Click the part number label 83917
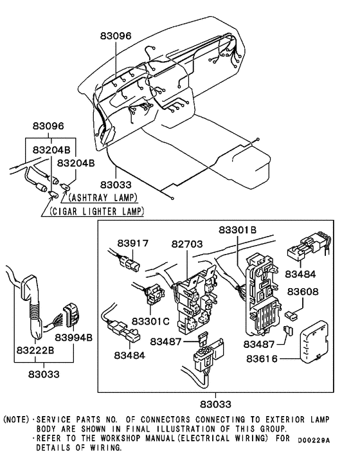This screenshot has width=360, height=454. point(133,244)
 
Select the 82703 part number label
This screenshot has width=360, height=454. point(186,244)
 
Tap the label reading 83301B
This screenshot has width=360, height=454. point(237,230)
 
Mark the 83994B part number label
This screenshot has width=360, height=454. point(74,338)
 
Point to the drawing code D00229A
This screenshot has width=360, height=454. point(313,440)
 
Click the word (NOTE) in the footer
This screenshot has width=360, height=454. point(16,419)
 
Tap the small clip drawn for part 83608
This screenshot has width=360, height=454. point(292,316)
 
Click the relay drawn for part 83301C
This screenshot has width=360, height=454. point(153,295)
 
